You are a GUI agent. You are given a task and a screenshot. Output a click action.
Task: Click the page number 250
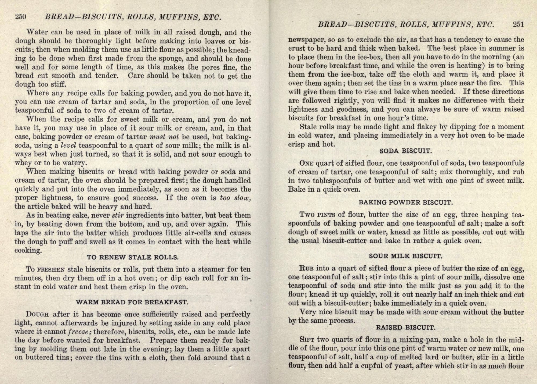coord(21,17)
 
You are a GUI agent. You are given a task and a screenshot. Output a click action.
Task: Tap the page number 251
coord(518,24)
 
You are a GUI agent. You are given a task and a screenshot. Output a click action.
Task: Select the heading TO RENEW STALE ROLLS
coord(133,257)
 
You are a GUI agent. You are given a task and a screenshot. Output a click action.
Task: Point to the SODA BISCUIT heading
coord(406,151)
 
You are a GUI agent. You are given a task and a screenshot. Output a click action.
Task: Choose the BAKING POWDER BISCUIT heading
coord(406,202)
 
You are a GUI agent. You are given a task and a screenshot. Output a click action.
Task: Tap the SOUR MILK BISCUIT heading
coord(405,256)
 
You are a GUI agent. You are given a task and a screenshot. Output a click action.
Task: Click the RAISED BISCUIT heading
coord(405,328)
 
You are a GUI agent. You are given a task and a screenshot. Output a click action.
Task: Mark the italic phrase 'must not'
coord(164,137)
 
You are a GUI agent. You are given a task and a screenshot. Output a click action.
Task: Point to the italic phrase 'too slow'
coord(235,198)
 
